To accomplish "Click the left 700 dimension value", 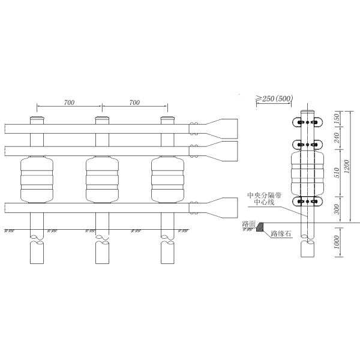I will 69,103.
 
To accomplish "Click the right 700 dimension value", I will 134,103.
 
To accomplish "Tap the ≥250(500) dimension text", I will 275,98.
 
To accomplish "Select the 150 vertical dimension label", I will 337,119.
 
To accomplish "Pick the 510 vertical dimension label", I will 337,173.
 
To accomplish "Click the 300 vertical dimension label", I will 337,209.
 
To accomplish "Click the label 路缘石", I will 281,235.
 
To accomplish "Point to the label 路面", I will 249,224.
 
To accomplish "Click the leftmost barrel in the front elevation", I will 37,179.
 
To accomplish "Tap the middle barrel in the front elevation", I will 103,179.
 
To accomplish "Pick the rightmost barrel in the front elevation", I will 167,179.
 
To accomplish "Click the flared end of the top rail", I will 225,127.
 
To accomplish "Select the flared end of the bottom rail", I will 225,207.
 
